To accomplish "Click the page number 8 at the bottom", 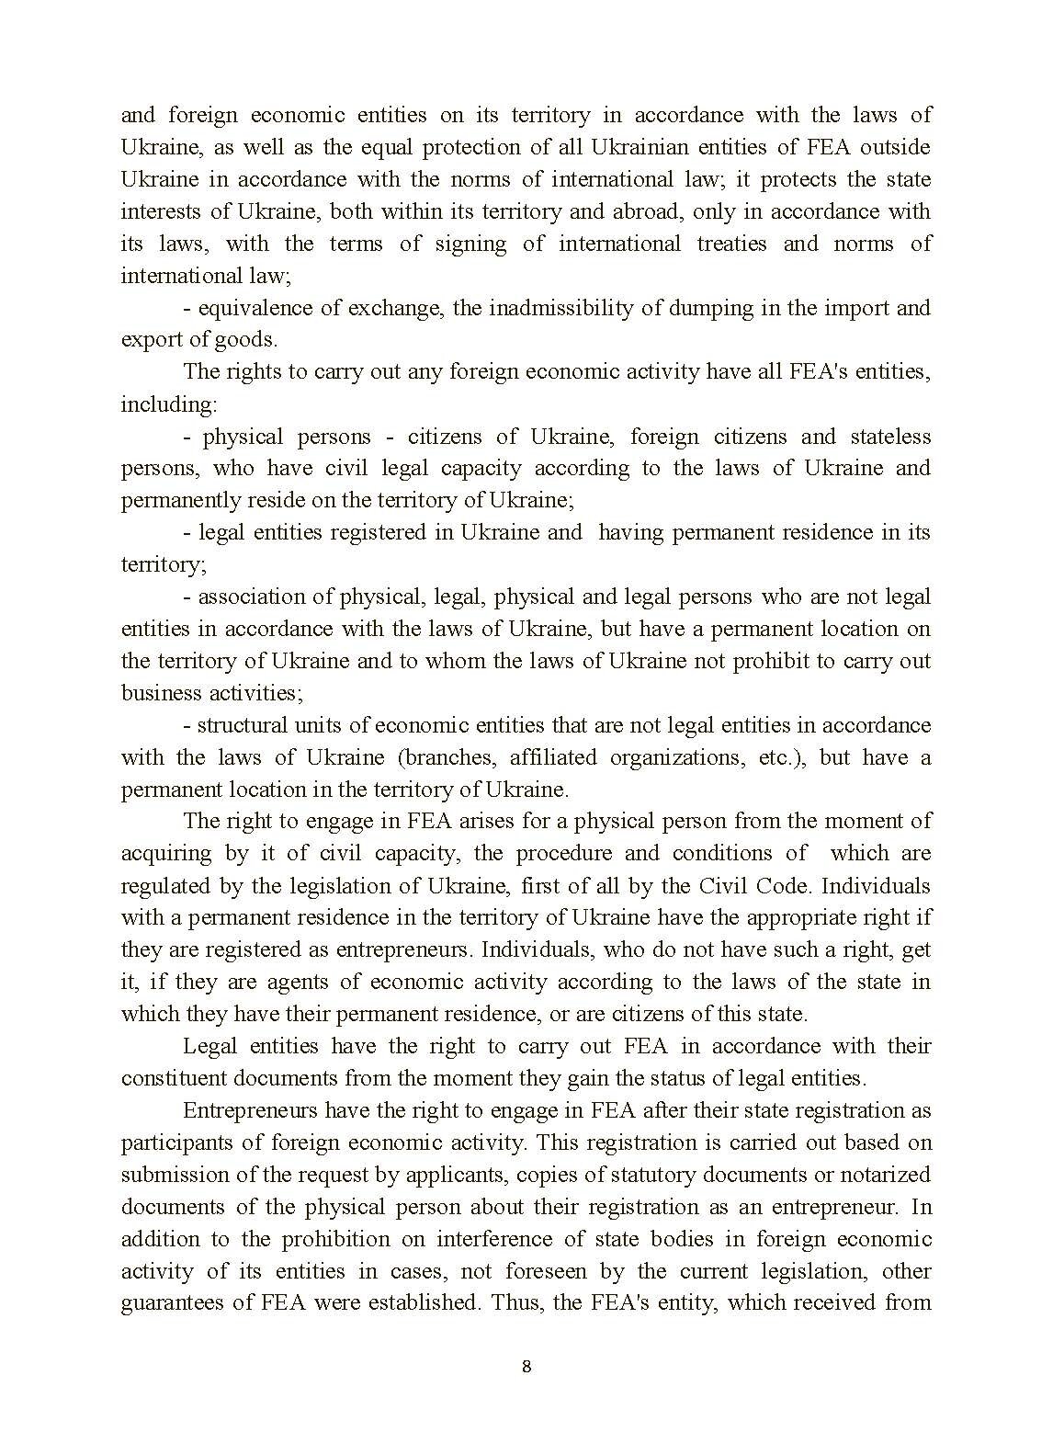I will coord(526,1366).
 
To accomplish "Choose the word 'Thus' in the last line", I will coord(513,1303).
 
